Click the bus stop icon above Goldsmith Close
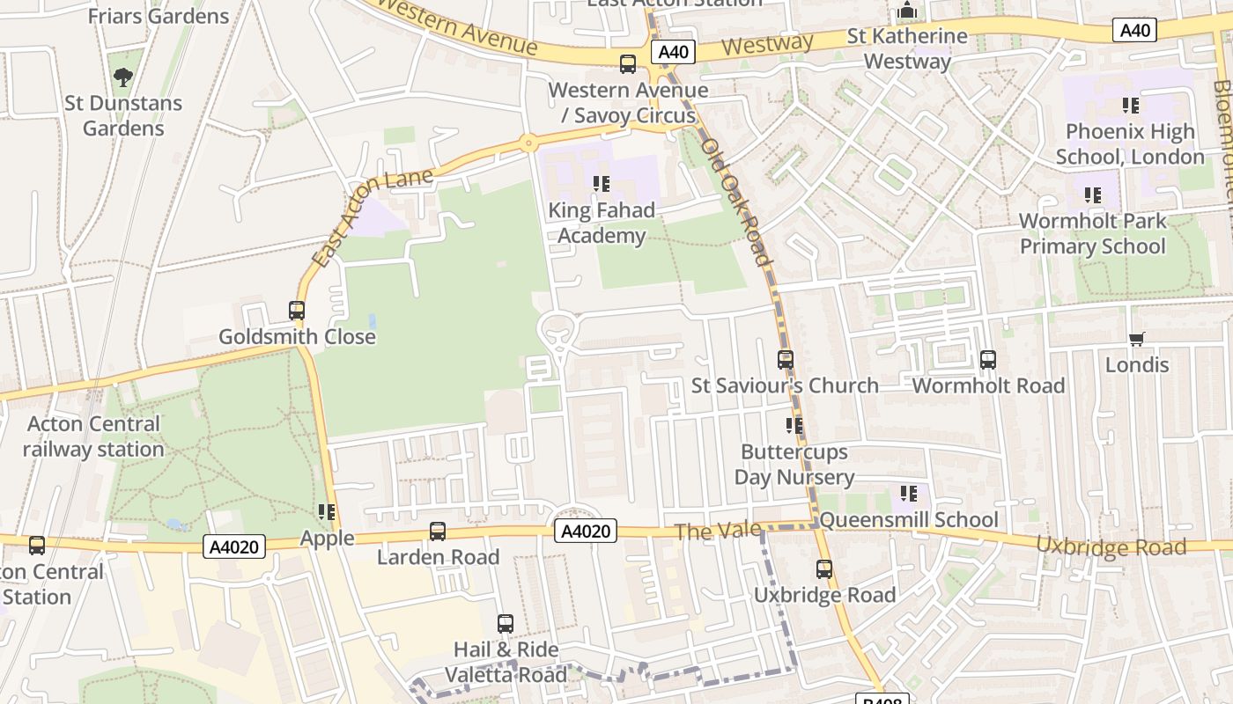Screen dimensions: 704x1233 click(297, 311)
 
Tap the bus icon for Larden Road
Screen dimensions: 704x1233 click(438, 532)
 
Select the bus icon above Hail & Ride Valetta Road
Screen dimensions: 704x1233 click(506, 624)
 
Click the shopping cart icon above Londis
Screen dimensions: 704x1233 click(1137, 339)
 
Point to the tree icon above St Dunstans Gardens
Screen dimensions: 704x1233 click(123, 77)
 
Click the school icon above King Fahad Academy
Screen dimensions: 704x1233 click(602, 184)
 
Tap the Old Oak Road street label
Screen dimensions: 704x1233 click(735, 202)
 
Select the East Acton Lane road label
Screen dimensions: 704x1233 click(372, 216)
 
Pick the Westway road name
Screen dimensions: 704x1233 click(766, 44)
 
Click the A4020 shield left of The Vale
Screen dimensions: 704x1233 click(586, 531)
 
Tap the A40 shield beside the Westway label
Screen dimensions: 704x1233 click(674, 52)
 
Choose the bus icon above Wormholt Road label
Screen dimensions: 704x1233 click(988, 360)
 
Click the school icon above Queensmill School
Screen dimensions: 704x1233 click(908, 494)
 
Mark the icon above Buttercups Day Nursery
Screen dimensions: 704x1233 click(794, 426)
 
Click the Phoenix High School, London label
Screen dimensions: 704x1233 click(1130, 144)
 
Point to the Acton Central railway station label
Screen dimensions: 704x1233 click(93, 436)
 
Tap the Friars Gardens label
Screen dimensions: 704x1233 click(159, 16)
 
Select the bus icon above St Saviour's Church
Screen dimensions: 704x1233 click(785, 360)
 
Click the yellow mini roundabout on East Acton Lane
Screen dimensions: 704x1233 click(528, 143)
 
